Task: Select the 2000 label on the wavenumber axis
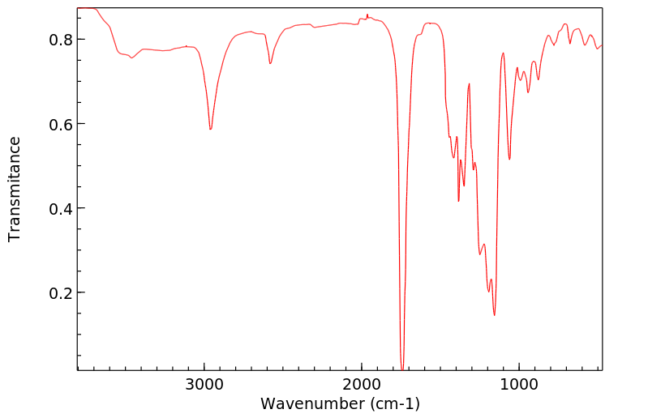click(x=361, y=383)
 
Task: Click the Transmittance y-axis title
click(x=15, y=189)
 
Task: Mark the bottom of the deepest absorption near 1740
click(x=402, y=369)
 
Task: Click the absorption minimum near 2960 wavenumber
click(x=210, y=129)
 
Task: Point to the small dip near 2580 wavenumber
click(x=270, y=63)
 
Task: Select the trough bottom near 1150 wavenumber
click(x=494, y=315)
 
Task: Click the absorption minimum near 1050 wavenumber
click(x=509, y=159)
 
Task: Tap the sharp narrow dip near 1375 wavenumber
click(x=459, y=201)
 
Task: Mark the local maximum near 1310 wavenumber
click(x=469, y=84)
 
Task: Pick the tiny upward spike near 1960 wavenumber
click(x=367, y=15)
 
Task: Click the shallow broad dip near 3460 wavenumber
click(x=131, y=58)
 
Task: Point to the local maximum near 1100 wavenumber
click(x=503, y=53)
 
